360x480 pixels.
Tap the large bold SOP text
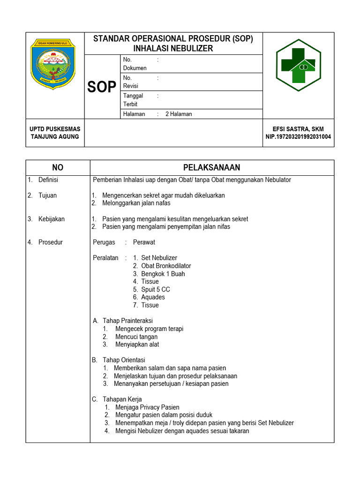(x=102, y=87)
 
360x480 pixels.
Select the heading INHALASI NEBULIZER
(x=173, y=48)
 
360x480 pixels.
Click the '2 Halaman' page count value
(x=179, y=114)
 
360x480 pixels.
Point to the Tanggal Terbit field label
(x=133, y=100)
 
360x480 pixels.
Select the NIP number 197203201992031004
(x=298, y=137)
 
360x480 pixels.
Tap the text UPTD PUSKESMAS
(x=55, y=129)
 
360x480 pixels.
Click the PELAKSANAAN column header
(x=211, y=168)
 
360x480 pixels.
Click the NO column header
(x=58, y=168)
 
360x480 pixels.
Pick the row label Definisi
(x=48, y=180)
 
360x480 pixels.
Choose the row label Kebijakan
(x=52, y=219)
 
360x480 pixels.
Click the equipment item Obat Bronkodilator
(x=166, y=266)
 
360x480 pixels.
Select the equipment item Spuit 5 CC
(x=155, y=289)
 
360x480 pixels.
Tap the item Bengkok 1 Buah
(x=163, y=274)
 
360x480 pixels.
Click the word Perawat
(x=144, y=242)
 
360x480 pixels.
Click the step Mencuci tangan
(x=136, y=337)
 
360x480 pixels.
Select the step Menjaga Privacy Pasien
(x=147, y=407)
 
